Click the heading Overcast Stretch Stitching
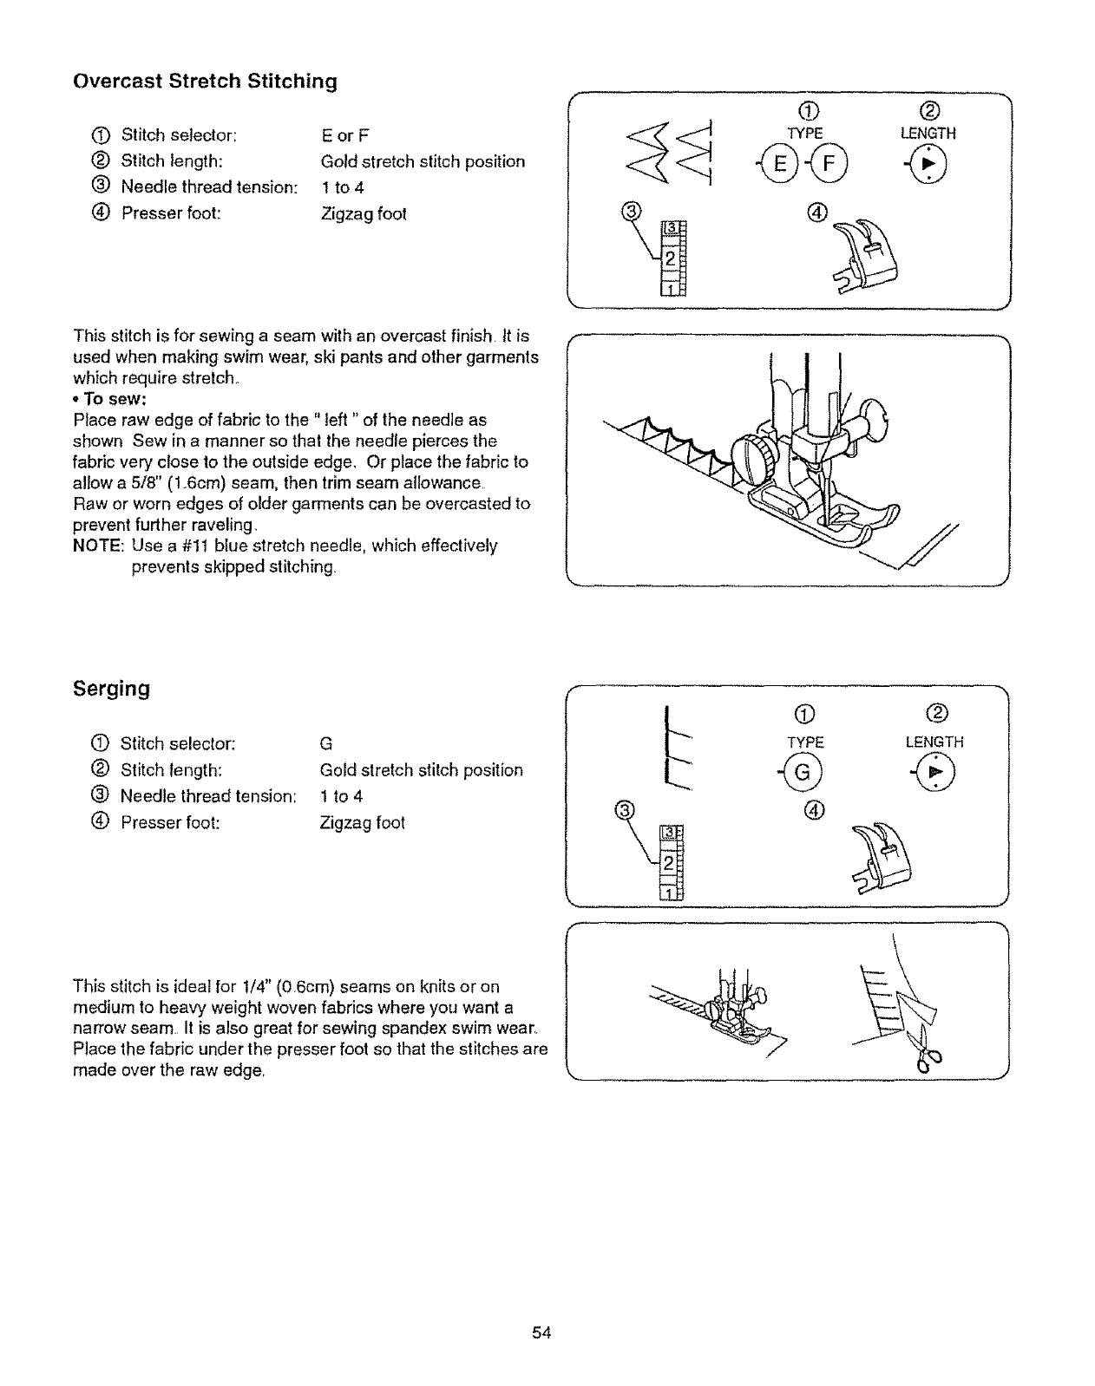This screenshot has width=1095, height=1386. point(205,82)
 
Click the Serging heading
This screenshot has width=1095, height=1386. point(112,689)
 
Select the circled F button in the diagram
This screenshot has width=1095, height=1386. point(817,165)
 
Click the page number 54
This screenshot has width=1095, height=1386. point(542,1333)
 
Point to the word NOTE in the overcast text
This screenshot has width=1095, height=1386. point(99,546)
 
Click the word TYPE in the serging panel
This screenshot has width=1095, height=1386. point(804,742)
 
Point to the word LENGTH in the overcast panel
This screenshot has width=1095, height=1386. point(928,134)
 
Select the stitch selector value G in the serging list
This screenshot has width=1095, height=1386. point(326,744)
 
